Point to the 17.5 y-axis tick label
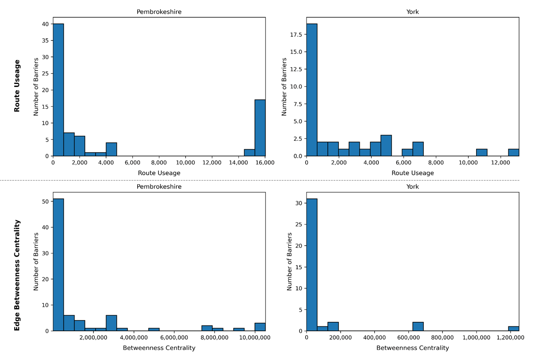pos(296,34)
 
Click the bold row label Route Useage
pos(17,86)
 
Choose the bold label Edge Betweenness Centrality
pos(17,275)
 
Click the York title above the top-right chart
pos(412,12)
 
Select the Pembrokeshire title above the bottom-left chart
pos(159,187)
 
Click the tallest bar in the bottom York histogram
pos(312,265)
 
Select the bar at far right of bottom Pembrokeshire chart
pos(260,327)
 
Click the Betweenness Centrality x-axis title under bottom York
pos(412,348)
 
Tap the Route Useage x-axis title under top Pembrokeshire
pos(159,173)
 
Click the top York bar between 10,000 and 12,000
pos(481,152)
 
